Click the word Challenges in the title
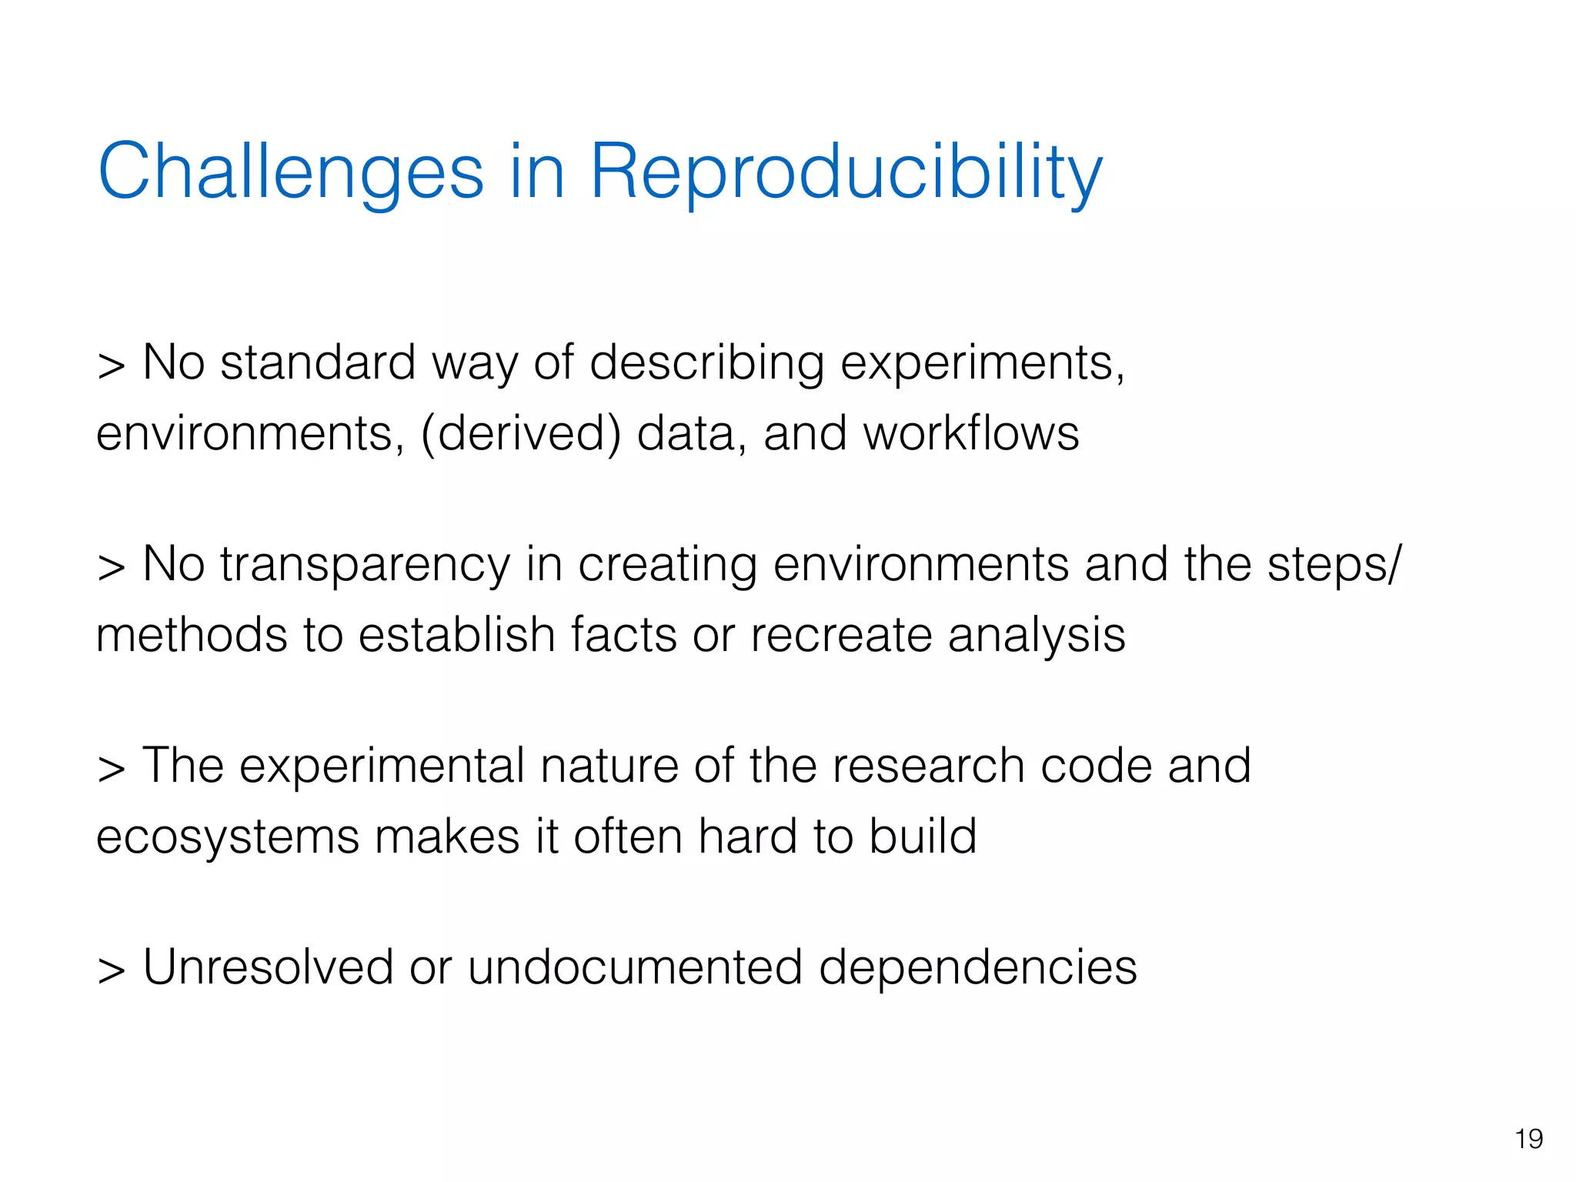[x=290, y=172]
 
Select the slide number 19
[x=1528, y=1139]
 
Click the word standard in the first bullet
[x=318, y=362]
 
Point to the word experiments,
[x=982, y=364]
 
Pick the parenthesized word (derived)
[x=520, y=434]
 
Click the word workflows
[x=971, y=433]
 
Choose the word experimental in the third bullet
[x=381, y=767]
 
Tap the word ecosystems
[x=227, y=837]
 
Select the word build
[x=923, y=836]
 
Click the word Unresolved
[x=268, y=967]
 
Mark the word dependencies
[x=977, y=969]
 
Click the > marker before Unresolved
[x=112, y=971]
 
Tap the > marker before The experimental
[x=112, y=770]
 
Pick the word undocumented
[x=635, y=967]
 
